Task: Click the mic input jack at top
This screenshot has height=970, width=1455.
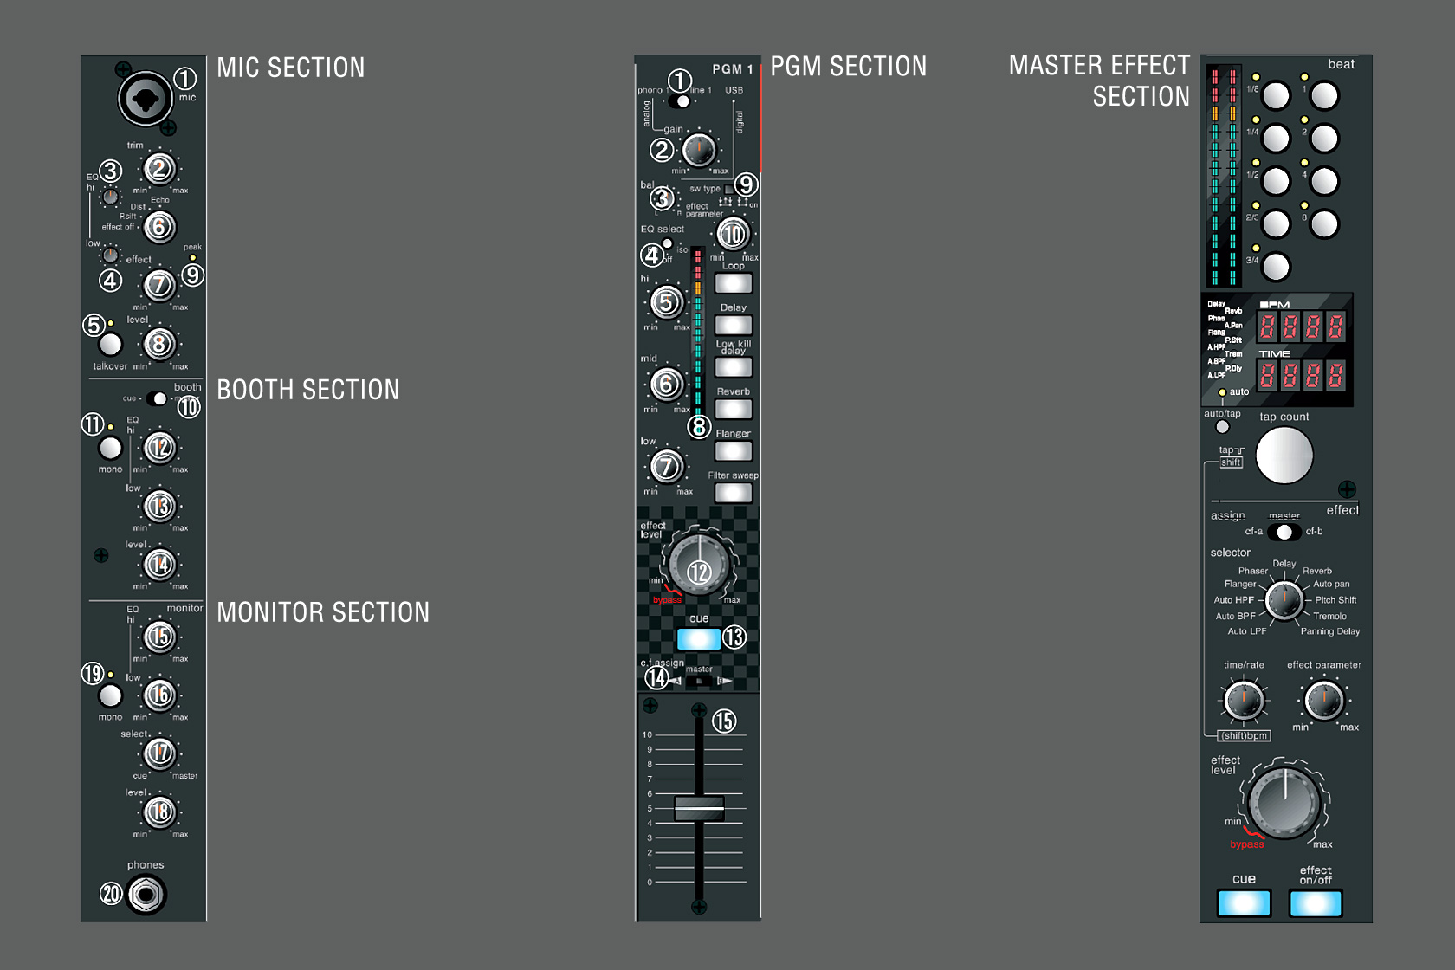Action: click(x=145, y=98)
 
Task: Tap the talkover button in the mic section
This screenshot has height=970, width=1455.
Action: click(x=110, y=344)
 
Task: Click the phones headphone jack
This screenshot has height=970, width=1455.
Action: click(x=146, y=894)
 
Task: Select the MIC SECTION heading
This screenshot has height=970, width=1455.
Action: click(x=291, y=68)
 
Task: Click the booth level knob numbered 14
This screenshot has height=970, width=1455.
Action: click(x=159, y=565)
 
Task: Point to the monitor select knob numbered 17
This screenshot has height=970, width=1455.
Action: click(x=159, y=753)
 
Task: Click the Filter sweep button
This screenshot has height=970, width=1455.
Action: click(x=733, y=493)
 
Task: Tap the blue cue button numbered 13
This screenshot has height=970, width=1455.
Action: click(x=698, y=639)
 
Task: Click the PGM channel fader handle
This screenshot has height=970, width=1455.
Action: click(x=699, y=807)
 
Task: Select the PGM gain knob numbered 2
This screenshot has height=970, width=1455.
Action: click(x=698, y=151)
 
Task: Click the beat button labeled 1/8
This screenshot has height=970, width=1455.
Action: click(x=1276, y=95)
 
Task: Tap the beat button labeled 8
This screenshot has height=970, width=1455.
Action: click(x=1324, y=224)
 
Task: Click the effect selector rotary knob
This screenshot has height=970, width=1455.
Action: click(x=1284, y=599)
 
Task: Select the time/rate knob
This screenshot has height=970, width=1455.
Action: click(x=1244, y=701)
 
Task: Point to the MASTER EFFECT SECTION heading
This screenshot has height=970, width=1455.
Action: click(x=1100, y=81)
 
